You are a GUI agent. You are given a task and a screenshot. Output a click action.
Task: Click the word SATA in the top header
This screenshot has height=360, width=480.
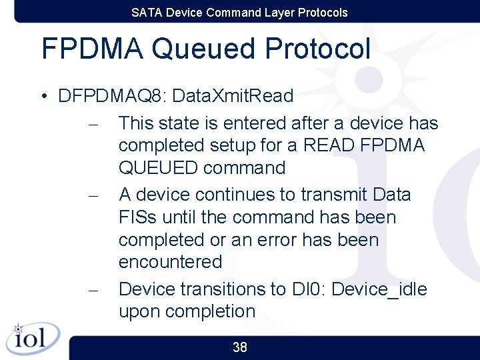[146, 13]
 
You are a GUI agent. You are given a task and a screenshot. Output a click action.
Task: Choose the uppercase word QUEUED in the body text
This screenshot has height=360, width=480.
[159, 168]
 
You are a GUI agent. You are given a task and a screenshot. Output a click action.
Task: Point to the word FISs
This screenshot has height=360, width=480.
[139, 217]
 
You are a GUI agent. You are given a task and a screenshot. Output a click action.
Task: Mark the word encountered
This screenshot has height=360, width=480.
[170, 262]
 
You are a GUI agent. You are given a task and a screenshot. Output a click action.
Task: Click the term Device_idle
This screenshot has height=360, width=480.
[379, 289]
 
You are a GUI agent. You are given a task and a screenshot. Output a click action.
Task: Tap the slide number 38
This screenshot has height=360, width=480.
[240, 347]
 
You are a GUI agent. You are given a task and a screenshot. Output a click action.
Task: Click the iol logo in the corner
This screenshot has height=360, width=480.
[32, 338]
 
